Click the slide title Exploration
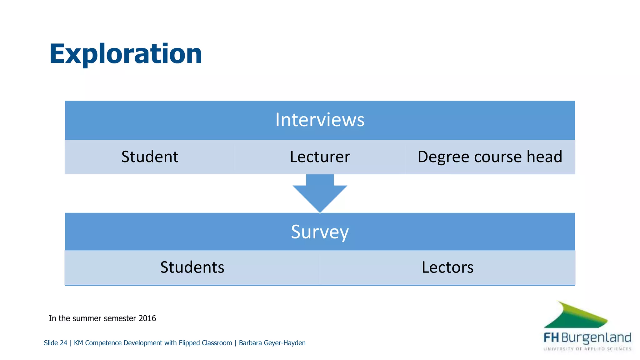click(x=125, y=54)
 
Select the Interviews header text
click(x=320, y=120)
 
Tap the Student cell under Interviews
click(x=150, y=157)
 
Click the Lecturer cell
click(x=320, y=157)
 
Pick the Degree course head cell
click(x=490, y=157)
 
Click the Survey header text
click(x=320, y=232)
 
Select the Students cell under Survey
click(x=192, y=267)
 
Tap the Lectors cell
click(x=447, y=267)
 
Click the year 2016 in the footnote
click(x=147, y=318)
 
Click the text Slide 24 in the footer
click(x=55, y=343)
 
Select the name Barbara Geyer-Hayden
click(x=272, y=343)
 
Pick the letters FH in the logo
click(x=551, y=337)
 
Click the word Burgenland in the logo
click(x=596, y=338)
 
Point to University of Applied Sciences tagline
click(x=587, y=349)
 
